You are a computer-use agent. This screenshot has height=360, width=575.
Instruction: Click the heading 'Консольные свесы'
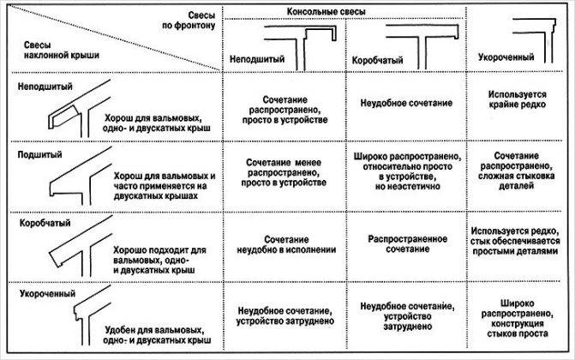pos(326,12)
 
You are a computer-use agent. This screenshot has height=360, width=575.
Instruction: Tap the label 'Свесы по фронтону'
pos(189,21)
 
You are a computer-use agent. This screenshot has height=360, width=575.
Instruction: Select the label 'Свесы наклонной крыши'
pos(62,51)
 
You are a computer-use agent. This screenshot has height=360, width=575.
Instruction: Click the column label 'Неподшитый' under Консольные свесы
pos(257,59)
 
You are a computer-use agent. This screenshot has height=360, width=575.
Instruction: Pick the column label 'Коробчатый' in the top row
pos(377,60)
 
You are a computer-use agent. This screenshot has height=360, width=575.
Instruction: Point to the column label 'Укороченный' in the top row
pos(506,57)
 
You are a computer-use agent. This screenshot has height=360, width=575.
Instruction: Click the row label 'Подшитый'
pos(40,154)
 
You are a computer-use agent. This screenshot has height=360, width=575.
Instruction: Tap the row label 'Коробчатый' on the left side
pos(45,223)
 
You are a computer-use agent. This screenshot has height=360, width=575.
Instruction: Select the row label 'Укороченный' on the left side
pos(48,294)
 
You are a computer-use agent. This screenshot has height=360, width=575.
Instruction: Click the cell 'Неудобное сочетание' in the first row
pos(406,103)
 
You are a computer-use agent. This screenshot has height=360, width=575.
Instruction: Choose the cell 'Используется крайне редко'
pos(517,99)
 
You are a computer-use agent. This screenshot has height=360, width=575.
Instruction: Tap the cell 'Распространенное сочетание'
pos(407,244)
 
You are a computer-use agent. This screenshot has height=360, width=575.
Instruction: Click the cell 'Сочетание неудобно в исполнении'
pos(286,245)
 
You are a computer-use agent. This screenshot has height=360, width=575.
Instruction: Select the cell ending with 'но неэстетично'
pos(407,171)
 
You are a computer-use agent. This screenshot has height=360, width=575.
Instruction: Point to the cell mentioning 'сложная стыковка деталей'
pos(516,171)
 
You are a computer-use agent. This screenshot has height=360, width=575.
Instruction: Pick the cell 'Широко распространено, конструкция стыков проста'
pos(517,319)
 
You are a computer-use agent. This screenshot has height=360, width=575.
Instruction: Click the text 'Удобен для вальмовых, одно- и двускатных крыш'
pos(158,335)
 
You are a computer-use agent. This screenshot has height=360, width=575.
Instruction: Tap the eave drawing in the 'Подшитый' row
pos(81,177)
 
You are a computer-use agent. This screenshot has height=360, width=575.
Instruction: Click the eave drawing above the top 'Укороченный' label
pos(534,40)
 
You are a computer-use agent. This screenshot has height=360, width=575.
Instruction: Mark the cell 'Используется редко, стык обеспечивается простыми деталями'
pos(515,241)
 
